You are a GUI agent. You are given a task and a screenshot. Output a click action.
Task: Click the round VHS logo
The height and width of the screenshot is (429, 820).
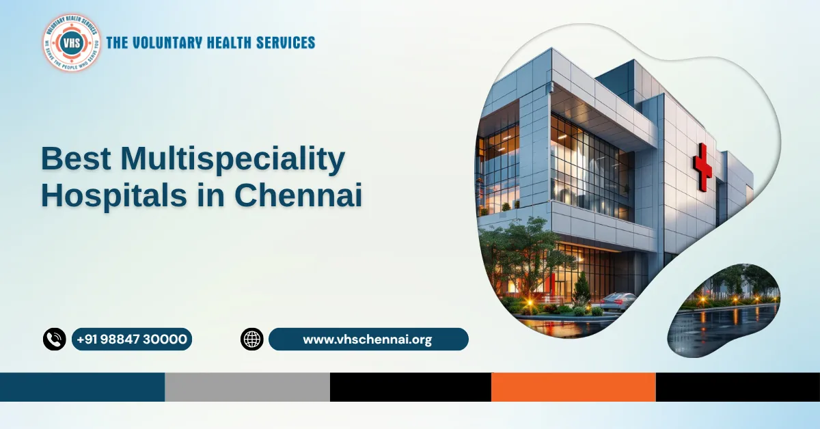[x=71, y=42]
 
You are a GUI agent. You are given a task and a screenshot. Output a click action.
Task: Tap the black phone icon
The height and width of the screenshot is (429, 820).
[x=54, y=339]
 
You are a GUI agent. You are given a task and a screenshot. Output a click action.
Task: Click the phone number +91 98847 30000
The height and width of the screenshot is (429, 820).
[x=132, y=339]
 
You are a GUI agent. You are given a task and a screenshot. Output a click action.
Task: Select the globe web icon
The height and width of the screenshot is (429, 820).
[x=251, y=339]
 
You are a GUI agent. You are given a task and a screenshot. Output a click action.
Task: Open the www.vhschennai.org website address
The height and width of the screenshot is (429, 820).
[x=368, y=339]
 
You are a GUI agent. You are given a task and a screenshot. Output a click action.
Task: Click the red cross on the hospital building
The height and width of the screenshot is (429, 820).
[x=702, y=167]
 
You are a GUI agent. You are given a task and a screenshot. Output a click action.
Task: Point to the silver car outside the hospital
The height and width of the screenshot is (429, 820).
[x=618, y=301]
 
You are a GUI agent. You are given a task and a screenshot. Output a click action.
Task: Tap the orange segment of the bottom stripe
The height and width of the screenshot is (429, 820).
[x=573, y=387]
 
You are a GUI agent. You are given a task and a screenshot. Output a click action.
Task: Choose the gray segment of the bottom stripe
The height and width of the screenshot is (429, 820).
[x=247, y=387]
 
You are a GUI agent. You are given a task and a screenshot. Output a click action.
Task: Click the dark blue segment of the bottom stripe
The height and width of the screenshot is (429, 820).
[x=82, y=387]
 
